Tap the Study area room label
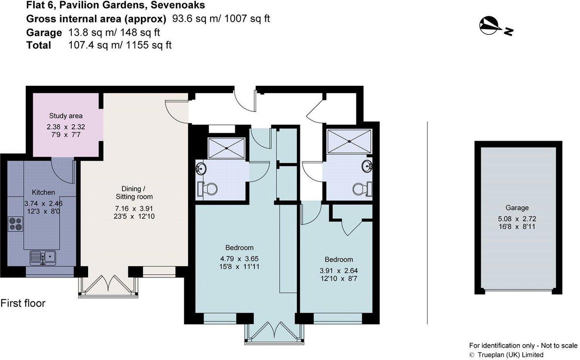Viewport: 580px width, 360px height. (66, 116)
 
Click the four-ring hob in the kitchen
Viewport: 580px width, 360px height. (15, 224)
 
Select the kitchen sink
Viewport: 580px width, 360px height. (43, 257)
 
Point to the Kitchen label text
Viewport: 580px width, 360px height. (43, 192)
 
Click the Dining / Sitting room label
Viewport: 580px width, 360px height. (134, 192)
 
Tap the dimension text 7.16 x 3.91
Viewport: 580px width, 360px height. (134, 208)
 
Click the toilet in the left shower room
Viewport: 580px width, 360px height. (208, 189)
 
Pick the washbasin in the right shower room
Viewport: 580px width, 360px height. (366, 166)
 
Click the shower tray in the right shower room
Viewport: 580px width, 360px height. (348, 141)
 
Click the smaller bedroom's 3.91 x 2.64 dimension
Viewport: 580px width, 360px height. (339, 271)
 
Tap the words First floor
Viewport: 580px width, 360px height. (23, 303)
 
